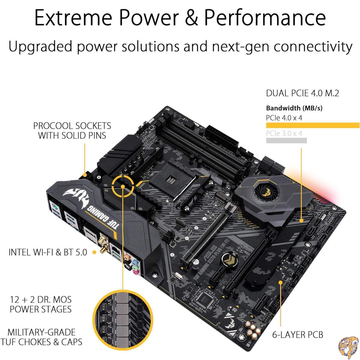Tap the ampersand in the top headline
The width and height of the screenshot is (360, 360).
(x=188, y=17)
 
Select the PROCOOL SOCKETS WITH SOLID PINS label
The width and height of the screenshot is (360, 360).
(x=72, y=130)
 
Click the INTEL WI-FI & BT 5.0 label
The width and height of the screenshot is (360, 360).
(x=48, y=252)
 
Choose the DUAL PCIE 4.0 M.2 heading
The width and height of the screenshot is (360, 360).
(x=302, y=93)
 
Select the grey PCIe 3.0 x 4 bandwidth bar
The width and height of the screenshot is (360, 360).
(x=286, y=140)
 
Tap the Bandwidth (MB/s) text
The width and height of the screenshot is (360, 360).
(x=294, y=108)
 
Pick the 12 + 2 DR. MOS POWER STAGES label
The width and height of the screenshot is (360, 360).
(x=41, y=304)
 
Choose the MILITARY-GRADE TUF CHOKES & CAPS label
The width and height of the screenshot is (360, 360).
(x=41, y=337)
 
